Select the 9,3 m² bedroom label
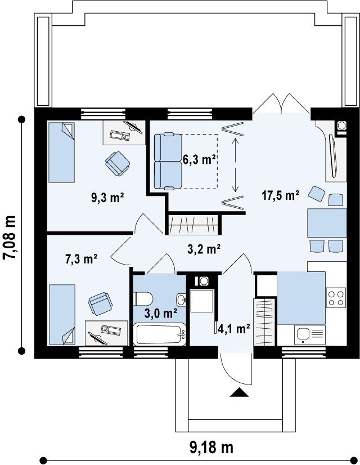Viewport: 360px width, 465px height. [x=107, y=198]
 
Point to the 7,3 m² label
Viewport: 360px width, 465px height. [x=81, y=259]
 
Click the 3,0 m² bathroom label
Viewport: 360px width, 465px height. [x=161, y=313]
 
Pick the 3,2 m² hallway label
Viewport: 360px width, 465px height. [x=204, y=249]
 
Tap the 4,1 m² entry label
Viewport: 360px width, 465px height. [x=234, y=328]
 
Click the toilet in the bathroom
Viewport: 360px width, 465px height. [x=143, y=298]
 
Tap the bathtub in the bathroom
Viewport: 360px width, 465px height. [x=159, y=335]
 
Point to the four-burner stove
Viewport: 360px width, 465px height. [x=336, y=297]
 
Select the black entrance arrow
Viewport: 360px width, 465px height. [x=239, y=392]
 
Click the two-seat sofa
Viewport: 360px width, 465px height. [x=168, y=161]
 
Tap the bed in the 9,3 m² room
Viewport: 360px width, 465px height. [x=61, y=152]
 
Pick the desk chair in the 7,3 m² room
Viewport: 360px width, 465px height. [x=100, y=303]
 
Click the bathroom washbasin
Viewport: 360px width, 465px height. [x=181, y=300]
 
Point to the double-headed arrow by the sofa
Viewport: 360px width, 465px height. [x=235, y=164]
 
